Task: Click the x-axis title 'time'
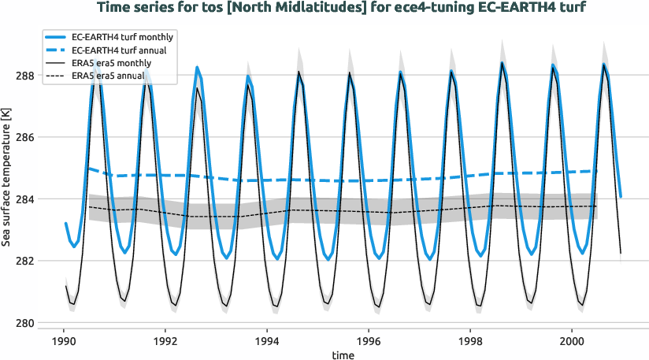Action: (343, 355)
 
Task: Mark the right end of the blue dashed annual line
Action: (597, 171)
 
